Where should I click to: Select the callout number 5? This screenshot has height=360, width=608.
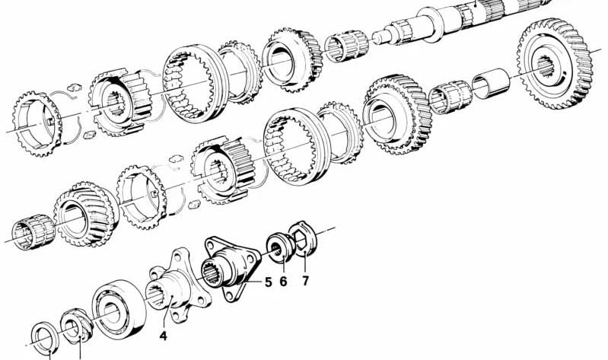(x=268, y=283)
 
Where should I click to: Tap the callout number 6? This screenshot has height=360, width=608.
(x=284, y=281)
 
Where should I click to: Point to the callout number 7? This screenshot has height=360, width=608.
(x=305, y=281)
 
